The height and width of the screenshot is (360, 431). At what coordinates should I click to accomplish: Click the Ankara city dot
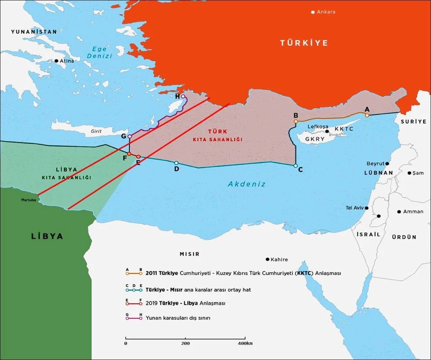313,12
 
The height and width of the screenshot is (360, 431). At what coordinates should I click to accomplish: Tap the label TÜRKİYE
304,43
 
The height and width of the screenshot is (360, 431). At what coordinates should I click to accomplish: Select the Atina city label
67,61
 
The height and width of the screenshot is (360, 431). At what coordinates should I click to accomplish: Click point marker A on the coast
367,114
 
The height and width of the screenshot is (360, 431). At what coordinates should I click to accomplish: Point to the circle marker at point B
296,121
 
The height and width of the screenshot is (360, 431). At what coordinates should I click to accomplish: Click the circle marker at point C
295,166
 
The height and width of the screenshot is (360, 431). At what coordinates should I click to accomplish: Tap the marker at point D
176,163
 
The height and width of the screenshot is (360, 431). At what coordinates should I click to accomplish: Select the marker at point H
183,96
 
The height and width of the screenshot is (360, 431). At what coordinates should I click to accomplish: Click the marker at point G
130,136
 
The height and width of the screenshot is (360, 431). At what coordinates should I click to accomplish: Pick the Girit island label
96,131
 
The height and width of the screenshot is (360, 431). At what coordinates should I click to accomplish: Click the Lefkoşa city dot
327,131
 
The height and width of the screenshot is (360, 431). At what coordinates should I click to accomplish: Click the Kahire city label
279,259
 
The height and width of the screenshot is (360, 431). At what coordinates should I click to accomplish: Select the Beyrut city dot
387,163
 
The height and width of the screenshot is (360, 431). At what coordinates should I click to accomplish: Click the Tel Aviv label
354,208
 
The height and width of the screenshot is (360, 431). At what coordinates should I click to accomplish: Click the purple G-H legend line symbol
133,318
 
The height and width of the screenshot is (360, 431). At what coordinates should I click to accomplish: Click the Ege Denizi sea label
100,52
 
